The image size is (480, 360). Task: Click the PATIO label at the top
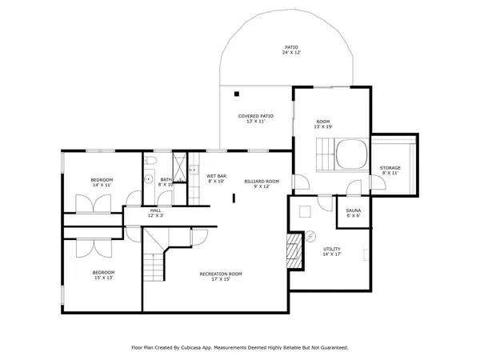pos(291,47)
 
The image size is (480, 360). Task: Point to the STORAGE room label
pos(390,168)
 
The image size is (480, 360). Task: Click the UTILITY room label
pos(332,250)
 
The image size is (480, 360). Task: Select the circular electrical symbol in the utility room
pos(304,212)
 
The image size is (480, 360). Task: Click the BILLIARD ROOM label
pos(262,182)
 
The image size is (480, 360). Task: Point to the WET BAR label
pos(216,176)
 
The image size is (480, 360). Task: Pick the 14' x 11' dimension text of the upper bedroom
pos(102,185)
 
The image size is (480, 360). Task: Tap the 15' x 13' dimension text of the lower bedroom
pos(102,278)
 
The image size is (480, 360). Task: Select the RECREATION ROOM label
pos(221,274)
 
